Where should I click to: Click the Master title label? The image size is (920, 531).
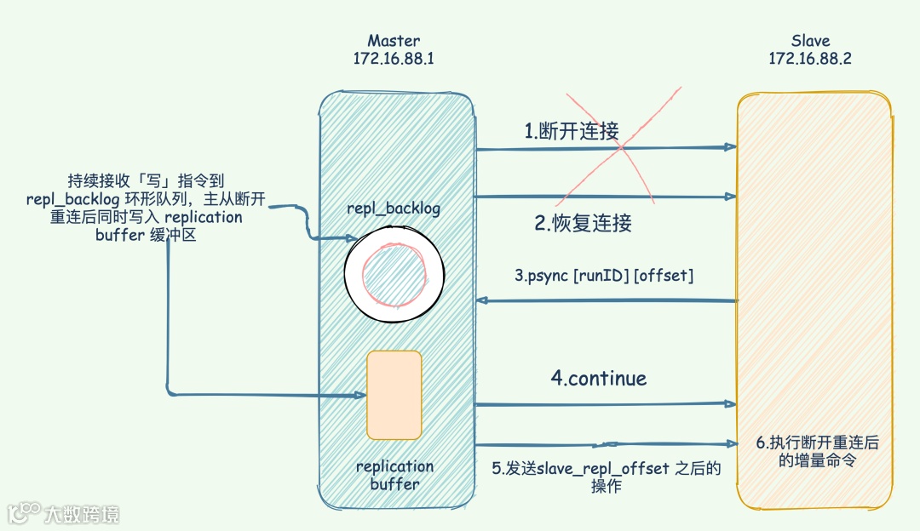click(394, 41)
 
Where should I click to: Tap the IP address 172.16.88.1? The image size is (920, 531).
click(394, 59)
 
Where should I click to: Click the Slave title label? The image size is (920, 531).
click(810, 41)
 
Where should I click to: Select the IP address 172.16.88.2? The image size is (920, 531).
click(810, 59)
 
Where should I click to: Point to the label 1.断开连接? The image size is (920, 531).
click(572, 131)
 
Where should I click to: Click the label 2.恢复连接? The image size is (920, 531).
click(584, 224)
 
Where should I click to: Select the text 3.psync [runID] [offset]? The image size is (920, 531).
click(604, 277)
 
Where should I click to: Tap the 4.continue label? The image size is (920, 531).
click(598, 378)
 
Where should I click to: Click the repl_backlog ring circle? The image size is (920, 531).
click(394, 273)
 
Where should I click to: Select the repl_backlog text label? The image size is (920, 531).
click(394, 208)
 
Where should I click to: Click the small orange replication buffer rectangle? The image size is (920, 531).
click(394, 394)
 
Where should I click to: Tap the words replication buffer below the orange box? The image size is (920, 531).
click(394, 475)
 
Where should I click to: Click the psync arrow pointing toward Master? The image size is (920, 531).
click(605, 300)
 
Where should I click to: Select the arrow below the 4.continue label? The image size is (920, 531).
click(605, 404)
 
